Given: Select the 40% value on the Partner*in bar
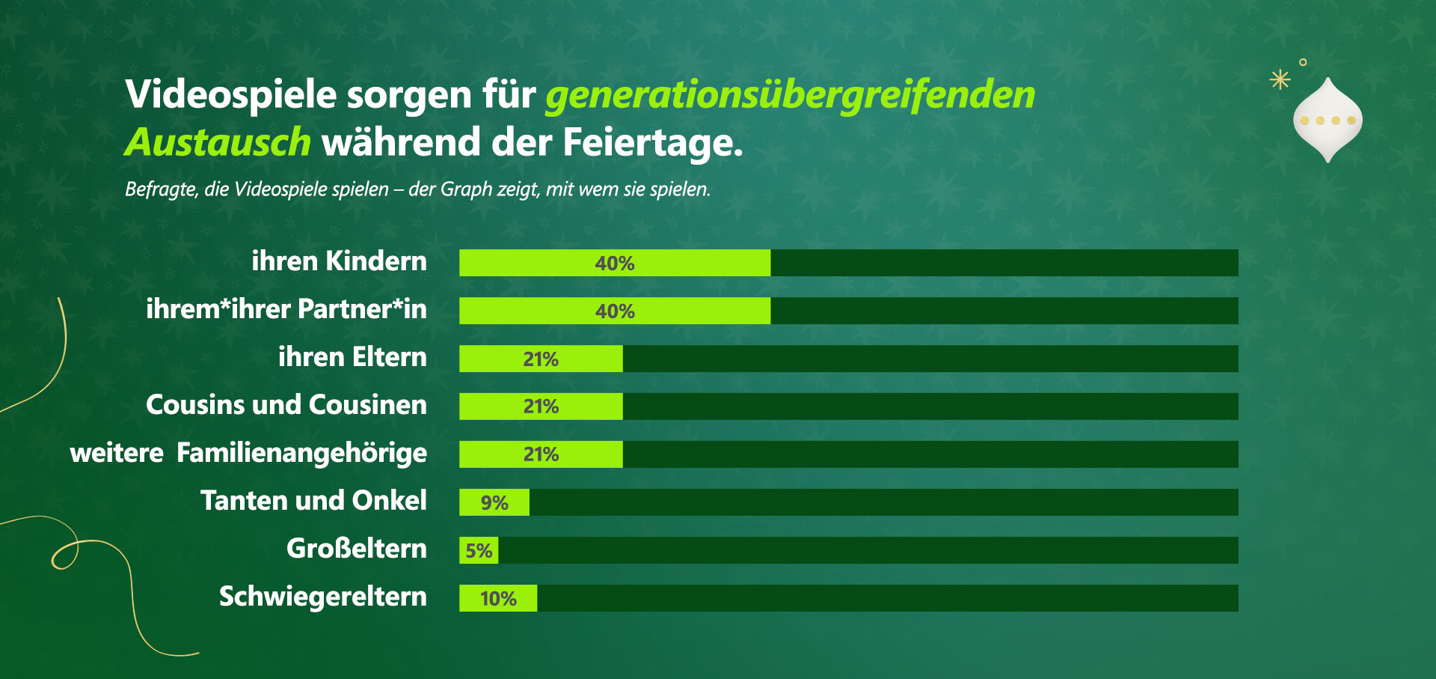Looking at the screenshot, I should (615, 311).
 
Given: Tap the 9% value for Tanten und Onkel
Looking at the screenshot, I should (494, 503).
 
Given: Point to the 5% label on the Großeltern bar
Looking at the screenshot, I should (479, 551).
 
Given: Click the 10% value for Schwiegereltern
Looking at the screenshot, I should (498, 599).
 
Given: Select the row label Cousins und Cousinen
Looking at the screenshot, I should (286, 405).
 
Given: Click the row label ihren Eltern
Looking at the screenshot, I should (352, 357).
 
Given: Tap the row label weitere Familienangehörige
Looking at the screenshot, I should (248, 453).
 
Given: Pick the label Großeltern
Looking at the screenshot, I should (356, 549).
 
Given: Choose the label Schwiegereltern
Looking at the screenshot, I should (322, 597).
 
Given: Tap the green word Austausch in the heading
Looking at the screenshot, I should (218, 142).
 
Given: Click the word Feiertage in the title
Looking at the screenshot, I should (652, 142).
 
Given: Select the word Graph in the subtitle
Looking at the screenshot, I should (466, 189).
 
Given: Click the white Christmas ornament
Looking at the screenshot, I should (1328, 120).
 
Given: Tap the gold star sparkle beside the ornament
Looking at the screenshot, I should (1280, 79).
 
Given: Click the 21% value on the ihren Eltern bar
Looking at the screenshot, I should (541, 359).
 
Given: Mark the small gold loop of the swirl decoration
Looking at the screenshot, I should (64, 555).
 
